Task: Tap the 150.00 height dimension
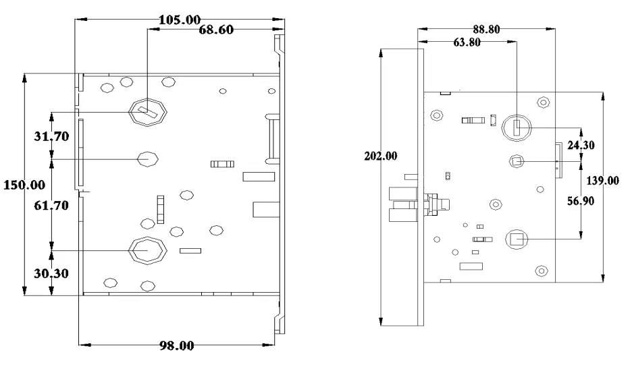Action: coord(24,184)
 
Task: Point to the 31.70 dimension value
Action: coord(51,136)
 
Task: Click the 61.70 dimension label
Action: coord(51,206)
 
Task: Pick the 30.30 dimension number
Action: coord(51,273)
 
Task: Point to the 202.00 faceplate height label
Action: coord(381,156)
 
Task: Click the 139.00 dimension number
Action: coord(603,181)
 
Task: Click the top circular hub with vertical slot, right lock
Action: coord(517,127)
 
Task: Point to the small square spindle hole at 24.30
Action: coord(517,161)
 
